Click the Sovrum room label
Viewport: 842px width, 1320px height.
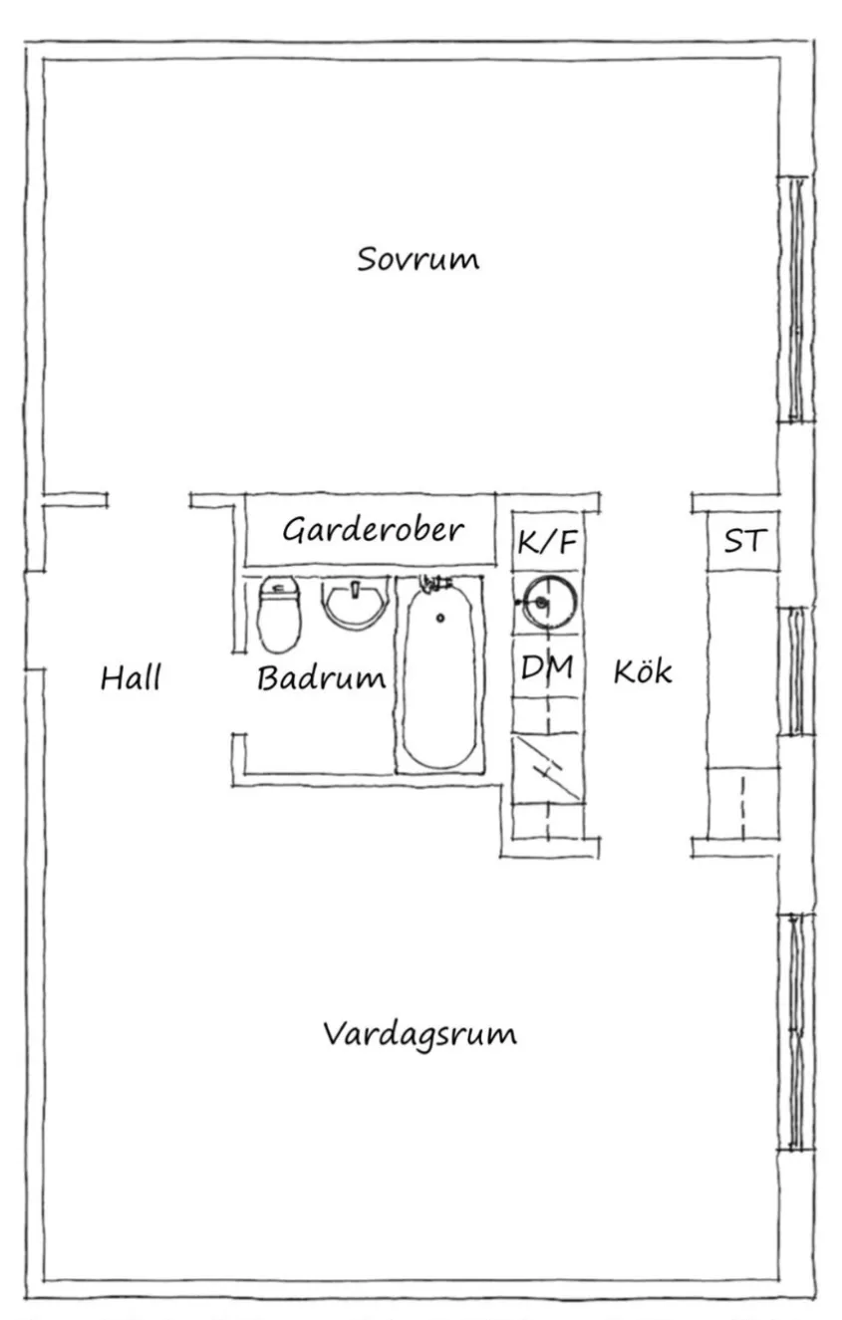(418, 259)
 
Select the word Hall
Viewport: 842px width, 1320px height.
(131, 677)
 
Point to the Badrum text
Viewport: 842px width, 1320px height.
(321, 677)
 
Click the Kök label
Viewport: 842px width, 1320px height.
(643, 670)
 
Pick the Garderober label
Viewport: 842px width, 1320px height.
(373, 529)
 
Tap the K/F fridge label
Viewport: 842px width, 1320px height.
(547, 541)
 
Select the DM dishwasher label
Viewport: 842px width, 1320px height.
(547, 667)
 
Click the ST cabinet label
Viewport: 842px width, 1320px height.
(745, 540)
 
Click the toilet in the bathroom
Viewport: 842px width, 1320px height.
(279, 615)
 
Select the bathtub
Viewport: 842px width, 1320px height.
(439, 673)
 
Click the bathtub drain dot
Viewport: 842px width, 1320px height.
(440, 618)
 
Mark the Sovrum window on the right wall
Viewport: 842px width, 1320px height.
(796, 299)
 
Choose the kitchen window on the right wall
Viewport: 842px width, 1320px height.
(796, 670)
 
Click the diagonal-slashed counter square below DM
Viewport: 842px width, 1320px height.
(547, 768)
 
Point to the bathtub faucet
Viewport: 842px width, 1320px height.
(433, 584)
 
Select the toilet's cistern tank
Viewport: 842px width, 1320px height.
(279, 587)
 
